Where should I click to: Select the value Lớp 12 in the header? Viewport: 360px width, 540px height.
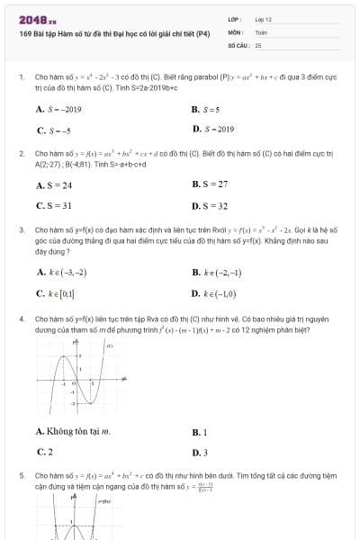pos(264,19)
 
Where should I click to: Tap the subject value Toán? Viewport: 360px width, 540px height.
pos(262,31)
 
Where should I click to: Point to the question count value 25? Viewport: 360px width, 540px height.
pos(258,44)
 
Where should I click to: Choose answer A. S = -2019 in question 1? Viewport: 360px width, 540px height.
pos(58,109)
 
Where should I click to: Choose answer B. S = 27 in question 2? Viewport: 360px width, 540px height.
pos(209,185)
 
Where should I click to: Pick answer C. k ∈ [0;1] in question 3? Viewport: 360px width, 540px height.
pos(56,293)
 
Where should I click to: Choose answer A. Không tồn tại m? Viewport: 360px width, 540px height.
pos(73,432)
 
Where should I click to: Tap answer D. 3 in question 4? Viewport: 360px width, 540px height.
pos(200,453)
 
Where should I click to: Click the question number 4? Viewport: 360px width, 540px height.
pos(21,319)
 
